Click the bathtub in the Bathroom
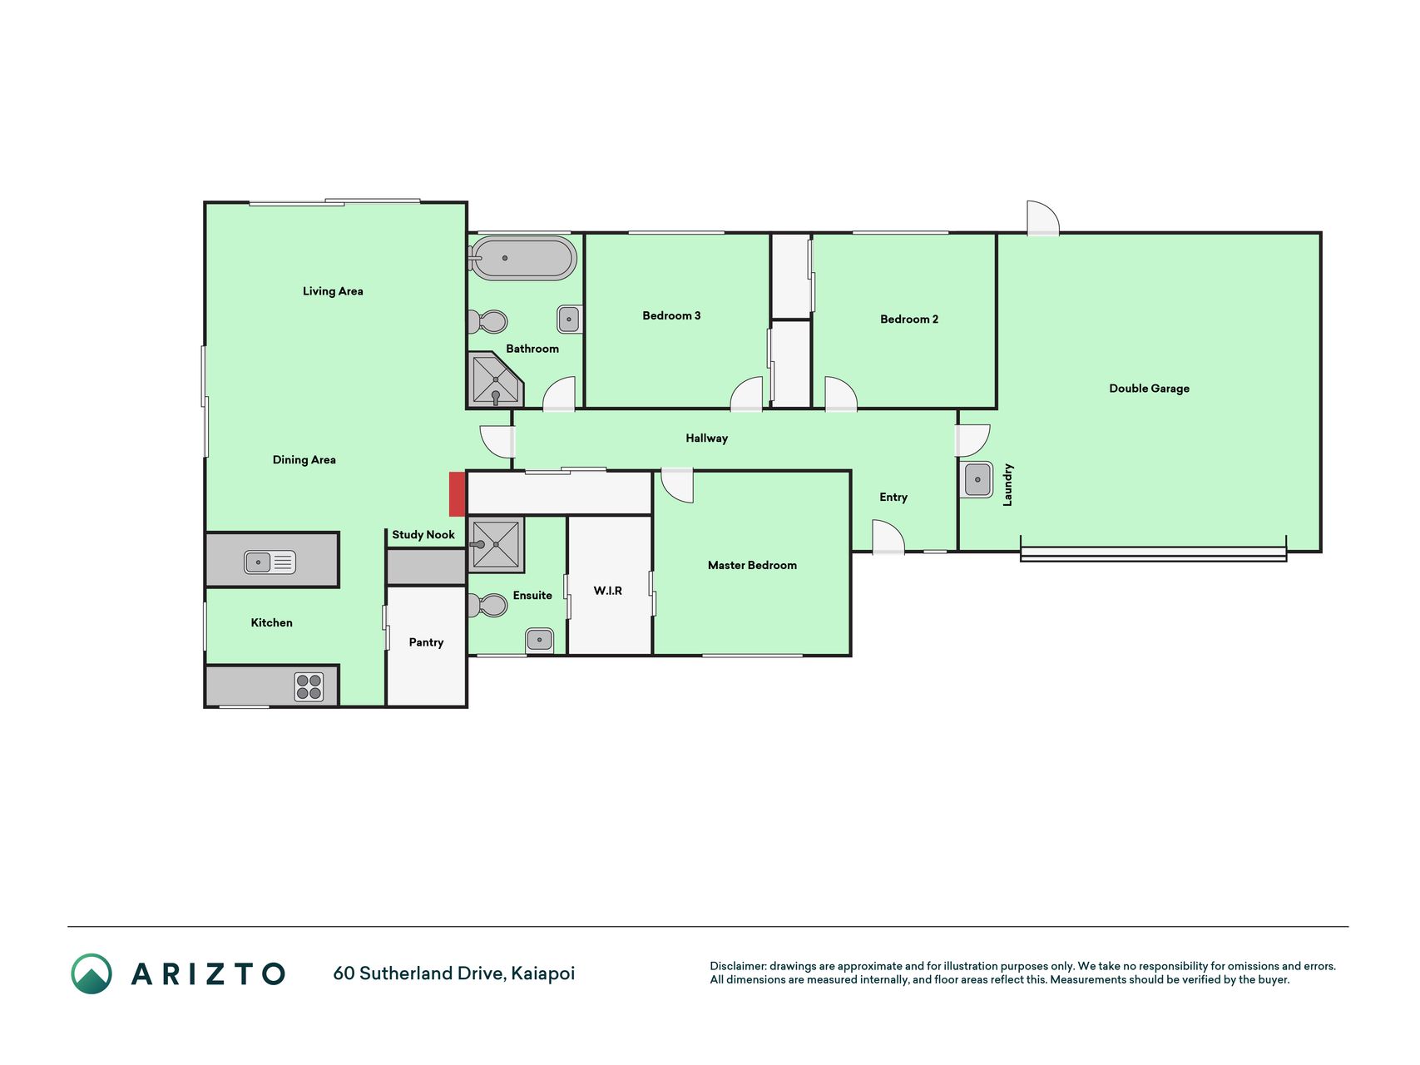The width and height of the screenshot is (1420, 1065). [x=522, y=258]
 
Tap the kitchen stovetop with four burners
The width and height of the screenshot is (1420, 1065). [x=309, y=687]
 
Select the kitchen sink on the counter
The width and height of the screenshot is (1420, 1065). [x=270, y=562]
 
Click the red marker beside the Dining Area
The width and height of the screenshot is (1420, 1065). [x=457, y=494]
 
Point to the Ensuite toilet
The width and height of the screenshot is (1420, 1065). [x=488, y=605]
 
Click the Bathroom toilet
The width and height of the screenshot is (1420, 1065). [x=488, y=321]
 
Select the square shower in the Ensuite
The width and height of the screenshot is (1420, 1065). [x=496, y=544]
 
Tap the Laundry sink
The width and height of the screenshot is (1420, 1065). [x=977, y=480]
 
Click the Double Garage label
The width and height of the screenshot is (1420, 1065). [x=1149, y=389]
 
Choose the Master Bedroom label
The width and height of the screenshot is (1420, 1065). [x=752, y=565]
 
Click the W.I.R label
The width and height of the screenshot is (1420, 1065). [x=607, y=591]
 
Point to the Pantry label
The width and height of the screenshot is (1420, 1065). [x=426, y=642]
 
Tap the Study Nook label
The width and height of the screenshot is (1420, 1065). [x=423, y=535]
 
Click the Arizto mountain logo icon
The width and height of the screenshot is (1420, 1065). [x=92, y=973]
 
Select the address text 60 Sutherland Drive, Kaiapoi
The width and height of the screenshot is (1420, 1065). [x=453, y=973]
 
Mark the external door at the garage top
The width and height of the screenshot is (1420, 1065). [x=1043, y=218]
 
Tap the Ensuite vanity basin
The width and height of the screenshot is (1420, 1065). [x=539, y=641]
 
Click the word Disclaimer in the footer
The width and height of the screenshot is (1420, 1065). [x=737, y=966]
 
